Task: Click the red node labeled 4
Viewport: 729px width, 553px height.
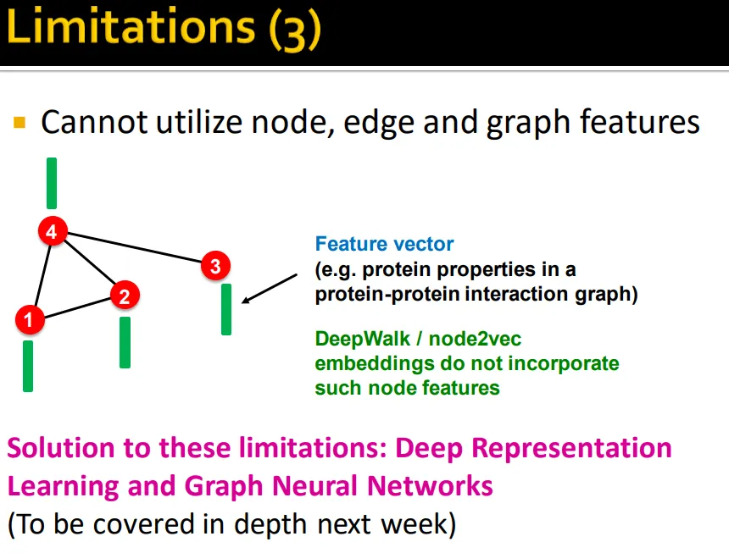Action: (53, 230)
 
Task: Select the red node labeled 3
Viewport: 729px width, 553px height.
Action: (215, 266)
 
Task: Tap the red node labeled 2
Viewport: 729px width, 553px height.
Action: (125, 296)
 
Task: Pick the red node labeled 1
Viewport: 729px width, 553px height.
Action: (30, 319)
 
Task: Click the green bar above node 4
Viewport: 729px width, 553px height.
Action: (52, 184)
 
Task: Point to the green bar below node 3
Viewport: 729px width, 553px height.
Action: (226, 310)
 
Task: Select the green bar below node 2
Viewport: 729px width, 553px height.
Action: (125, 343)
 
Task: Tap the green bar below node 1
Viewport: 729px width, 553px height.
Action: (28, 367)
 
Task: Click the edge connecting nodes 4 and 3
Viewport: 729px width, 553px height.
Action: (134, 247)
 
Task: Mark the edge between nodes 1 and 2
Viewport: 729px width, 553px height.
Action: (77, 307)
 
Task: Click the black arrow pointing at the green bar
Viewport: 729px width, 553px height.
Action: (270, 289)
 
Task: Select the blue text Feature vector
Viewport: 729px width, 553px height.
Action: (385, 244)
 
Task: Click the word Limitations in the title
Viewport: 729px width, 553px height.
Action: (131, 26)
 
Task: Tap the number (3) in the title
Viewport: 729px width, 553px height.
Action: (295, 29)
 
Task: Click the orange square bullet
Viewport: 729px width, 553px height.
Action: (19, 122)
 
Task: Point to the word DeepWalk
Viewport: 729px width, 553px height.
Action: (363, 339)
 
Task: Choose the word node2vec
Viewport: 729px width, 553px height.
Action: (475, 340)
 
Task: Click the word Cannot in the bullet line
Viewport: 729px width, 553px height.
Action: (94, 122)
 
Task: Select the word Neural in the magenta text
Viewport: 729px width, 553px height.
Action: (315, 486)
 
